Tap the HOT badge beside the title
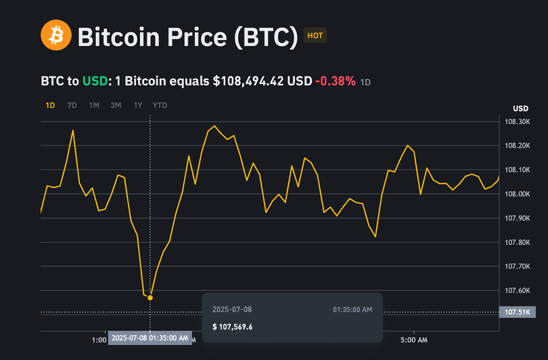click(315, 35)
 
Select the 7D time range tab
click(72, 106)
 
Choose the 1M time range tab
click(94, 106)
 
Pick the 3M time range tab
click(116, 106)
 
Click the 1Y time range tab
click(138, 106)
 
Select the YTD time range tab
click(160, 106)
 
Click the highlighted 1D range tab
click(50, 106)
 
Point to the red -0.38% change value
click(335, 81)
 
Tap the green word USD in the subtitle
click(95, 81)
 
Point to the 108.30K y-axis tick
click(517, 122)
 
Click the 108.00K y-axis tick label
click(517, 194)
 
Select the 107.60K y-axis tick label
click(517, 291)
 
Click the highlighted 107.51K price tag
click(518, 312)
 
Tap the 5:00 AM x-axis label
click(413, 339)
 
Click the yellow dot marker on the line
click(150, 298)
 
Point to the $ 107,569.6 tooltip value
click(232, 327)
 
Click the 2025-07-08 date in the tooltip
click(232, 309)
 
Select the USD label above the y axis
click(521, 109)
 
